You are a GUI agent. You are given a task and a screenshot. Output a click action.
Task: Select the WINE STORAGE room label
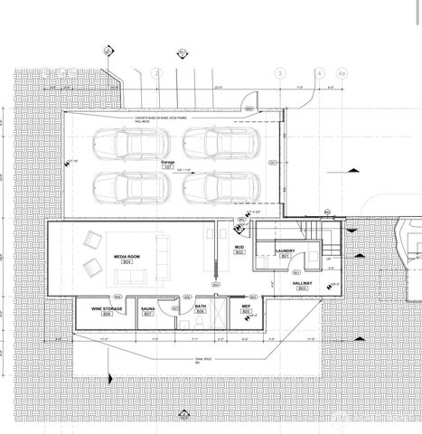point(107,309)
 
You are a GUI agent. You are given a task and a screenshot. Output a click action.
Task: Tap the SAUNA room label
point(148,309)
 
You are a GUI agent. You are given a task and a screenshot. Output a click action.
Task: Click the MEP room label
point(246,307)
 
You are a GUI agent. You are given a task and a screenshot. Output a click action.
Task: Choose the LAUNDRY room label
point(286,251)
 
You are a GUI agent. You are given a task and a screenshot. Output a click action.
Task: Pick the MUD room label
point(239,247)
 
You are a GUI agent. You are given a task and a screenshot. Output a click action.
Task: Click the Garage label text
point(167,163)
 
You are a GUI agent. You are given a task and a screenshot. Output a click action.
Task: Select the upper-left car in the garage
point(121,143)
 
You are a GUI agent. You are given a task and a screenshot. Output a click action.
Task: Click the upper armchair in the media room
point(91,240)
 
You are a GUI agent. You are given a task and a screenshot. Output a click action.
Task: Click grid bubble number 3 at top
point(280,73)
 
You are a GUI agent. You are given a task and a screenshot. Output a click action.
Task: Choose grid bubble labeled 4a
point(341,73)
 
